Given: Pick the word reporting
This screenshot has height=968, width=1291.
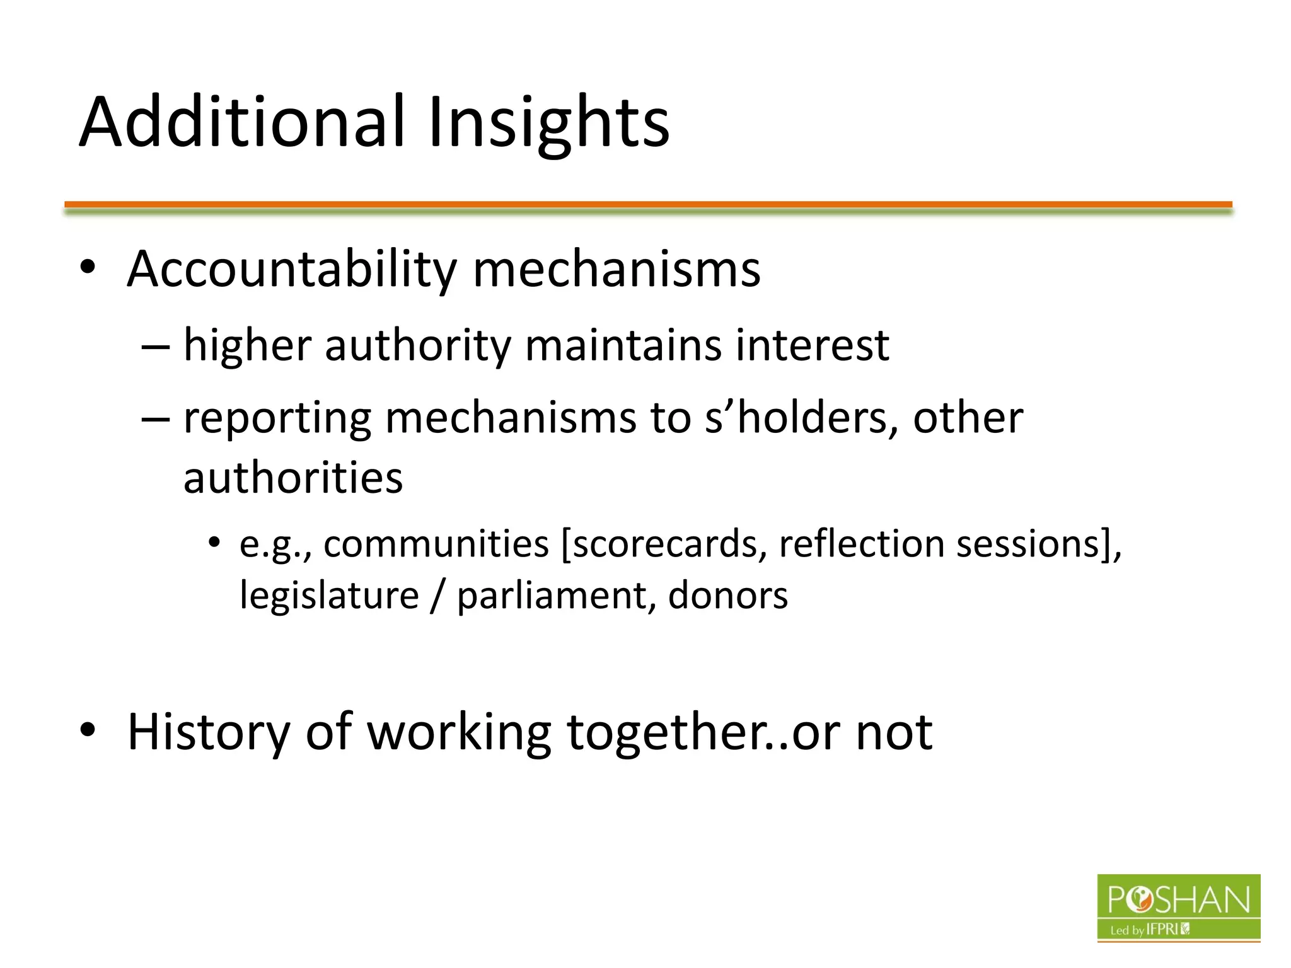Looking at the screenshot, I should coord(277,418).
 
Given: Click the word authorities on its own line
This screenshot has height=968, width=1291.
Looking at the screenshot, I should coord(292,477).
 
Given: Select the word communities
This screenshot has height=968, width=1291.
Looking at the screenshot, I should coord(436,544).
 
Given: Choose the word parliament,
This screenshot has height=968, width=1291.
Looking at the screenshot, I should coord(555,596).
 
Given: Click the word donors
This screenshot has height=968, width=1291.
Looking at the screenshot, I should coord(727,596).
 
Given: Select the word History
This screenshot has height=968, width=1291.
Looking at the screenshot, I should coord(208,732).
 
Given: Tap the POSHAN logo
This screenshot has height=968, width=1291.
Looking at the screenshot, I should coord(1178,907).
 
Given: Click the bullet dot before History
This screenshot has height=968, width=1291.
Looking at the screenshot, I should coord(88,730).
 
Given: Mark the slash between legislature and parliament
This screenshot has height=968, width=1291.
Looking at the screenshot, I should coord(437,596).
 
